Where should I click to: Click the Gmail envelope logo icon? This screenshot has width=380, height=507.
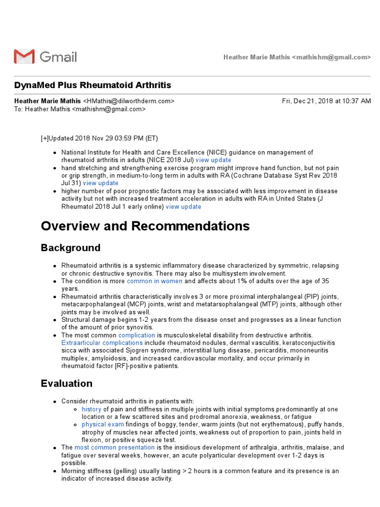pyautogui.click(x=24, y=56)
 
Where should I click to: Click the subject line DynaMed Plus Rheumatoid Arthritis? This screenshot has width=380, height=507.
pyautogui.click(x=93, y=85)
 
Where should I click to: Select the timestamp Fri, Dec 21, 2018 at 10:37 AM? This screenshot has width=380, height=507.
pyautogui.click(x=326, y=101)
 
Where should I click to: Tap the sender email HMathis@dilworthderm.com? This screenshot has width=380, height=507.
pyautogui.click(x=129, y=101)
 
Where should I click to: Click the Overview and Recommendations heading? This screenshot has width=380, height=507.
pyautogui.click(x=145, y=226)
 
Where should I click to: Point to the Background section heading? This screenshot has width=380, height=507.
pyautogui.click(x=70, y=248)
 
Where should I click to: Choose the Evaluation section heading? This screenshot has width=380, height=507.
pyautogui.click(x=66, y=383)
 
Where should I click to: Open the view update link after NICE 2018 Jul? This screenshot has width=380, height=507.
pyautogui.click(x=213, y=160)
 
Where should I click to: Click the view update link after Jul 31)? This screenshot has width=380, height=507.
pyautogui.click(x=101, y=183)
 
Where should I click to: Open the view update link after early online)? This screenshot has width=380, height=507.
pyautogui.click(x=184, y=206)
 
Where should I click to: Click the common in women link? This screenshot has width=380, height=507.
pyautogui.click(x=154, y=281)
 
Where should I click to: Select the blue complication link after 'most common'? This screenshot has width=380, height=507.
pyautogui.click(x=136, y=335)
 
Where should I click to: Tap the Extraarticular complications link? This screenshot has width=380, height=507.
pyautogui.click(x=101, y=343)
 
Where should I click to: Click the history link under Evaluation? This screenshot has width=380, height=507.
pyautogui.click(x=92, y=409)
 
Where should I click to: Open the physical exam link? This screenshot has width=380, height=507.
pyautogui.click(x=103, y=425)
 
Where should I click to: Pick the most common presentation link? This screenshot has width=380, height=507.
pyautogui.click(x=115, y=448)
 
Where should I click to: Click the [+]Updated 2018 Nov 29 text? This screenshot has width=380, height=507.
pyautogui.click(x=99, y=138)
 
